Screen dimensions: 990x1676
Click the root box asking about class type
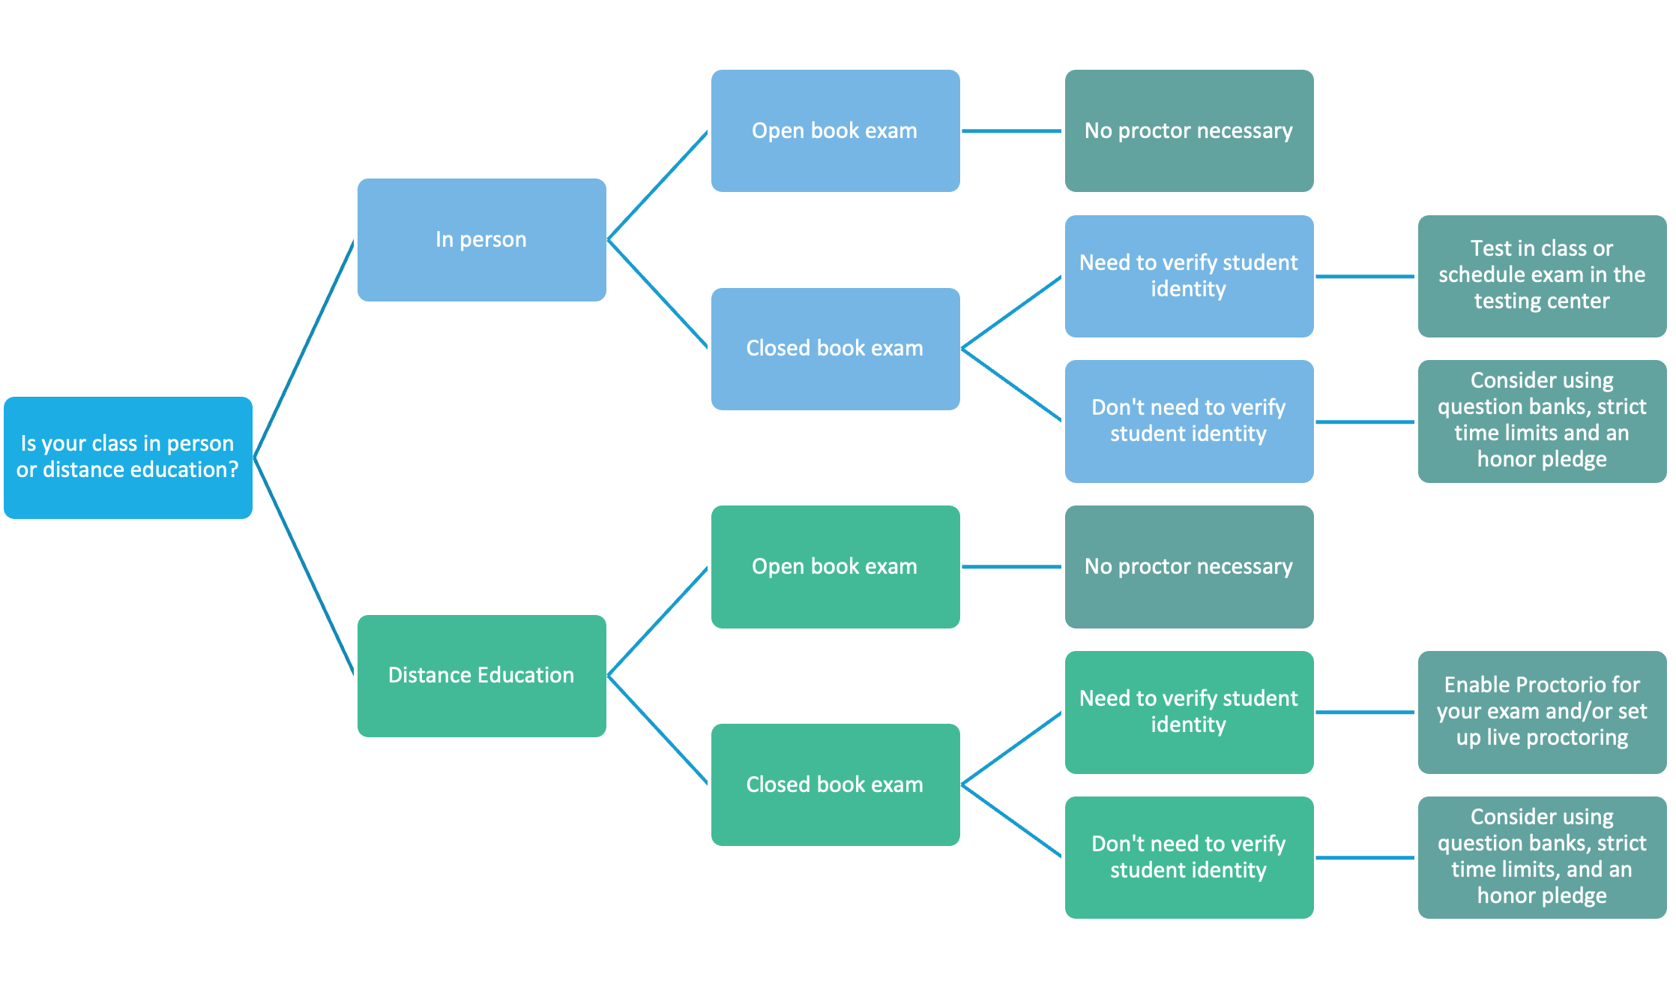coord(128,457)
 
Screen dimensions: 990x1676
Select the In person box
coord(481,240)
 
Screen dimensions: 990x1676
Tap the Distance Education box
coord(481,676)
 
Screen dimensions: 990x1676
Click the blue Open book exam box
coord(835,131)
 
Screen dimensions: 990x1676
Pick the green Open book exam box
coord(835,567)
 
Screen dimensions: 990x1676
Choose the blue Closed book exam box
coord(835,349)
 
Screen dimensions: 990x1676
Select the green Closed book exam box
coord(835,784)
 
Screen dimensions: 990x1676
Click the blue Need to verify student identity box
coord(1189,276)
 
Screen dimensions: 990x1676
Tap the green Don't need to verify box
coord(1189,857)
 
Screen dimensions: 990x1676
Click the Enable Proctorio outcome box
coord(1542,712)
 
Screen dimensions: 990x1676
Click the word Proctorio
coord(1565,685)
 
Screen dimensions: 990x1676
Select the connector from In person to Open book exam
coord(658,185)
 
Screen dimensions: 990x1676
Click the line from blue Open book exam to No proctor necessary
coord(1012,131)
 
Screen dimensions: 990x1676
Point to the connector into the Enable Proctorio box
coord(1366,712)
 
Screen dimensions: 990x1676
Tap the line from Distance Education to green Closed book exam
coord(658,730)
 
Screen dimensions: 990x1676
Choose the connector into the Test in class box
coord(1366,277)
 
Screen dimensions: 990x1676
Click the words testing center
coord(1542,301)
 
